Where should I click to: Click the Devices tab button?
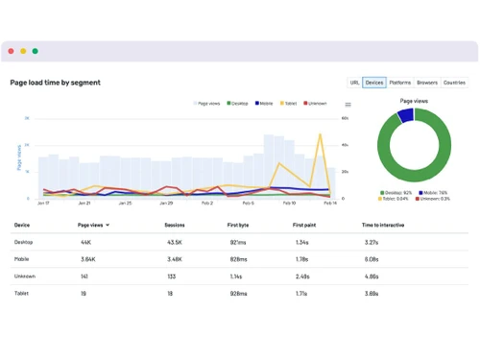(x=374, y=83)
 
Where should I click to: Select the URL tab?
(x=354, y=83)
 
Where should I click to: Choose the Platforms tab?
(x=400, y=83)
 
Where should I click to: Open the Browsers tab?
(x=427, y=83)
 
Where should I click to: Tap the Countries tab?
(x=454, y=83)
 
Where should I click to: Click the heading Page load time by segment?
(x=55, y=83)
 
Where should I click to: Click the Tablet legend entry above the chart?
(x=289, y=103)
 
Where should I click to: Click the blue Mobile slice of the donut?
(x=405, y=116)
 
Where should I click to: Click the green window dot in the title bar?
(x=36, y=51)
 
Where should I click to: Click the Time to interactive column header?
(x=382, y=225)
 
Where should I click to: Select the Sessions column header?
(x=175, y=225)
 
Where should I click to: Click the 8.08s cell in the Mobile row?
(x=370, y=258)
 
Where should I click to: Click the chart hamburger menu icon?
(x=348, y=105)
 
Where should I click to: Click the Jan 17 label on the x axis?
(x=43, y=204)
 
